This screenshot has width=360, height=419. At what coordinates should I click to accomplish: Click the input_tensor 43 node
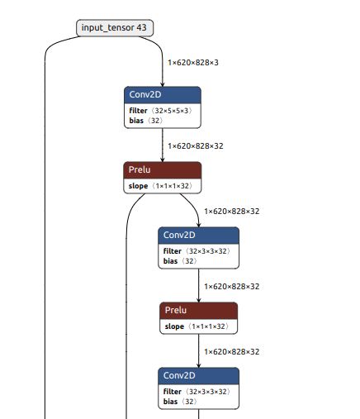[116, 28]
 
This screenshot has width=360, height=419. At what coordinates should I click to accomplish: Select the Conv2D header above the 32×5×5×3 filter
[163, 95]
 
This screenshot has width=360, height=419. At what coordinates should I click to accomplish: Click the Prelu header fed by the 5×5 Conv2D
[163, 170]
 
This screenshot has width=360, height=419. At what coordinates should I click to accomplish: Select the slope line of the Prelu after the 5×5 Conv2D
[162, 186]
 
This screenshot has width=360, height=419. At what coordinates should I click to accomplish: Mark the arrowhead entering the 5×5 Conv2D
[163, 83]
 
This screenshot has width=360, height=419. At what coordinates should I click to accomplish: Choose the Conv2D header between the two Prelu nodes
[199, 236]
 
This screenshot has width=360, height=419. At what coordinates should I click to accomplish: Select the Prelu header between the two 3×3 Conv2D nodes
[199, 311]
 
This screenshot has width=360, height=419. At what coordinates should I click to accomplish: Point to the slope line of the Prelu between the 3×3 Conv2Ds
[198, 327]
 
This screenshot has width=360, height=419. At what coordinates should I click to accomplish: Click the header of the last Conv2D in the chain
[199, 376]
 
